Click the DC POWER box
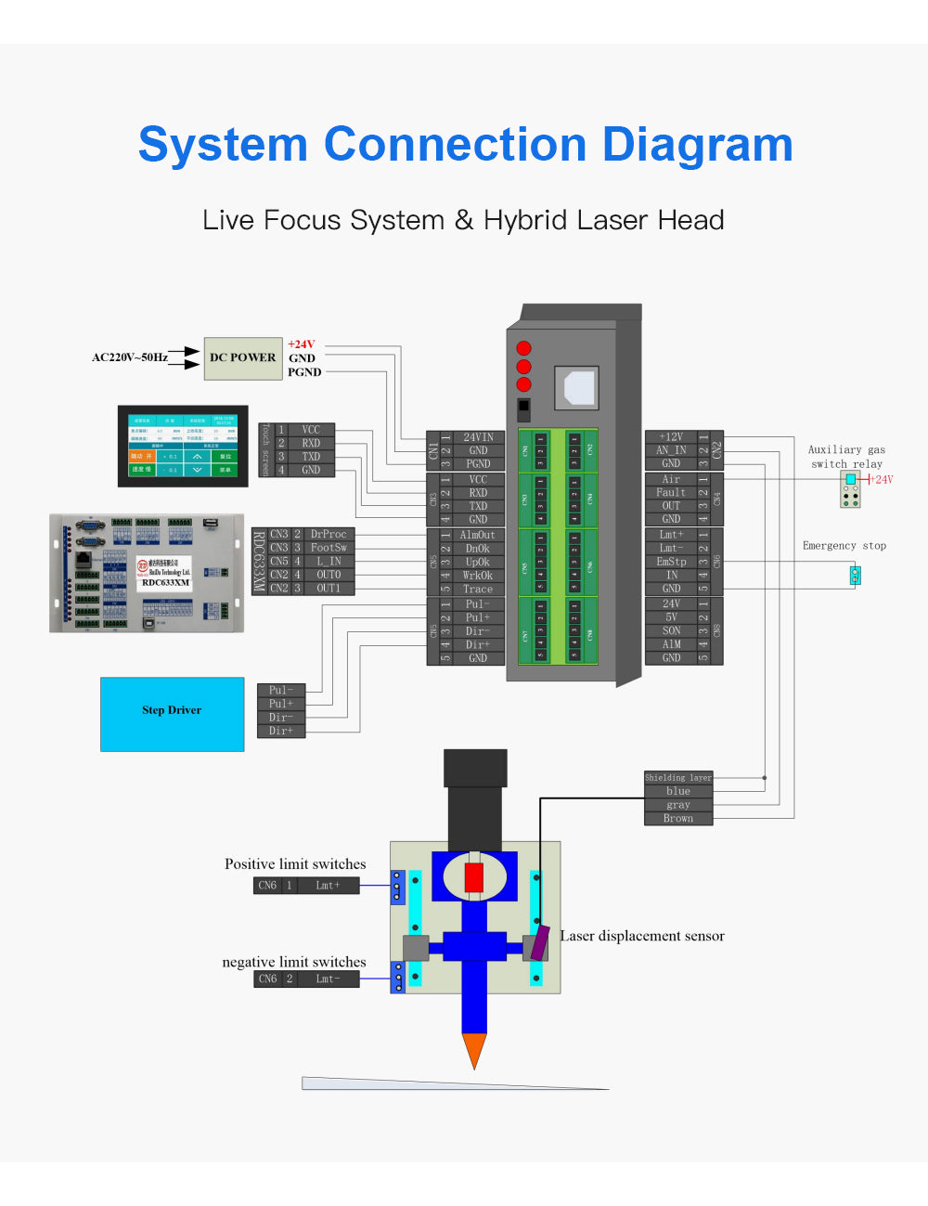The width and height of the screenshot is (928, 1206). [x=242, y=358]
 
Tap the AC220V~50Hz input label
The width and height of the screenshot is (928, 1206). [x=130, y=357]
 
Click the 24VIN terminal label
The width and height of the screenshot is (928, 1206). [x=478, y=437]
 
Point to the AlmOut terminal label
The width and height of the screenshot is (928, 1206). [x=477, y=535]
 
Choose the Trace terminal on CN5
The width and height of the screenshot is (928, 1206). [x=477, y=589]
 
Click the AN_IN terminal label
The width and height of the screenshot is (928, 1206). [x=671, y=450]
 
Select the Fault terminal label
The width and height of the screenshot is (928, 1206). [x=671, y=493]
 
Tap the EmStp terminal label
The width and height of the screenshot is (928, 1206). [x=671, y=562]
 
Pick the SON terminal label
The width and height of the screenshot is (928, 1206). [x=671, y=630]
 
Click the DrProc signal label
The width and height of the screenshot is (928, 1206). [x=329, y=535]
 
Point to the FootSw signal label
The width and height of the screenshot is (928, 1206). [x=329, y=548]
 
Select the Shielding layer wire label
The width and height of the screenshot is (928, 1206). [x=677, y=778]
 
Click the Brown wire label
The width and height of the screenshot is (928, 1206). [x=677, y=819]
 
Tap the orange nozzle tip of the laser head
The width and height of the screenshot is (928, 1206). [x=474, y=1050]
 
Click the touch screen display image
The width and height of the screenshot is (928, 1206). [x=183, y=446]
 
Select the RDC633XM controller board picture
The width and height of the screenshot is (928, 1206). [x=147, y=573]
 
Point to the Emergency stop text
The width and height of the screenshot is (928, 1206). [x=844, y=546]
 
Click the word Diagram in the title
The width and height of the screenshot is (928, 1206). [x=697, y=145]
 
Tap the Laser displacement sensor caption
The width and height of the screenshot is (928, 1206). [x=642, y=936]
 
